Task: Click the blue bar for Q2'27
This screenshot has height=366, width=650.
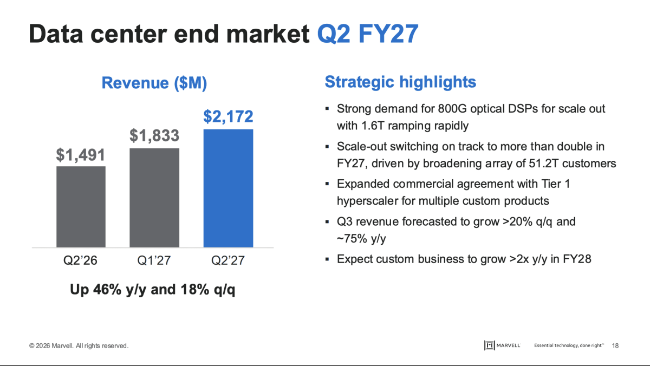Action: pos(229,188)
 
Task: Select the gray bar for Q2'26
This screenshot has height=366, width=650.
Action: pos(81,207)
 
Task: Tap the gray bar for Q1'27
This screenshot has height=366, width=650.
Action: pos(154,198)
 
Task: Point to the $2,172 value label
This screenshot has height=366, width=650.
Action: pos(228,116)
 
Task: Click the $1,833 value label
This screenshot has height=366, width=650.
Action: pos(154,136)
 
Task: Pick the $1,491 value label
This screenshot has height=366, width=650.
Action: pos(80,155)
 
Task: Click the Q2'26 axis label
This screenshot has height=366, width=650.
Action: pos(80,260)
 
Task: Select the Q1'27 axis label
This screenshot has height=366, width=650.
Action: pos(154,260)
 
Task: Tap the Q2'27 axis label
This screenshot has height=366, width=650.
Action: pos(228,260)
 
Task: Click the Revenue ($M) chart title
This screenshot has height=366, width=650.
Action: pos(154,83)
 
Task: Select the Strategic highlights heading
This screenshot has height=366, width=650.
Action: pos(400,82)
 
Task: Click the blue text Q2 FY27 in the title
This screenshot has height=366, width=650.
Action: pos(368,34)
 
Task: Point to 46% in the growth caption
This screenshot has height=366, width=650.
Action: pos(107,290)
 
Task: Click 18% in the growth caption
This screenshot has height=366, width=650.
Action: pos(194,290)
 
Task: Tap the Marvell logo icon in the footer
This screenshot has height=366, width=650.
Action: pos(489,345)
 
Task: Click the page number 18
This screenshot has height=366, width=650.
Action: pos(615,346)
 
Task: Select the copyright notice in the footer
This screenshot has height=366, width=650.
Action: pos(79,346)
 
